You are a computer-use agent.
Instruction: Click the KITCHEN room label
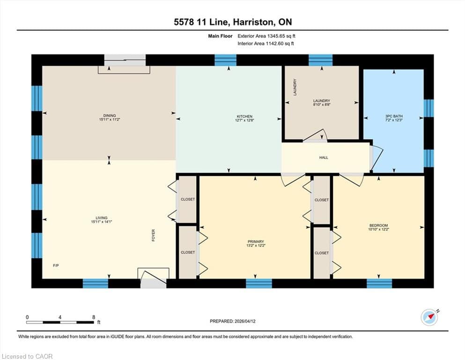click(244, 116)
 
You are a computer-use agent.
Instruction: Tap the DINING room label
click(110, 115)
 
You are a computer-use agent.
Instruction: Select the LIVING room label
click(102, 217)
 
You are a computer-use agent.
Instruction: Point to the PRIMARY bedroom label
click(256, 241)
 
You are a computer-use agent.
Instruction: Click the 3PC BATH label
click(394, 116)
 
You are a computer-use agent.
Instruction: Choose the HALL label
click(324, 157)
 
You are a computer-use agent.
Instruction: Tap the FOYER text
click(153, 235)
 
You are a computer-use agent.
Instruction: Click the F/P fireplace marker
click(56, 266)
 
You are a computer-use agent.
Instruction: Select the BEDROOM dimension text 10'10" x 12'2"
click(378, 229)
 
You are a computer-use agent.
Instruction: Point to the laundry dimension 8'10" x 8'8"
click(322, 105)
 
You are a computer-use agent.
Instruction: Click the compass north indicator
click(430, 317)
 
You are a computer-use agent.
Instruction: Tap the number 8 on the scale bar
click(94, 317)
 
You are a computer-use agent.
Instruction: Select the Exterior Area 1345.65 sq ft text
click(266, 36)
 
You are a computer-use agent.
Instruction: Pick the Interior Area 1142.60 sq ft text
click(266, 43)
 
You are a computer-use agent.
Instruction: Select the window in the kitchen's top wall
click(225, 60)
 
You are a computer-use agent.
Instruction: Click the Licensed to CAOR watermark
click(27, 356)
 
